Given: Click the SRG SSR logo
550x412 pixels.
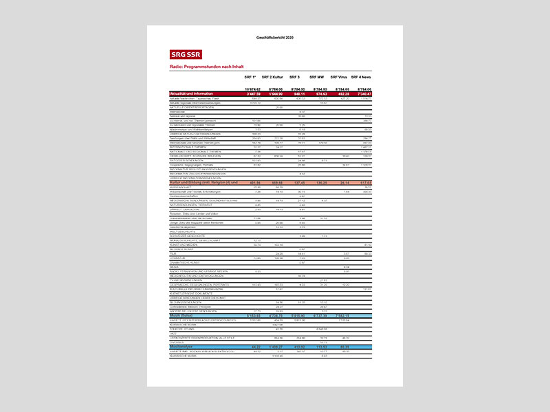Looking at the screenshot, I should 186,54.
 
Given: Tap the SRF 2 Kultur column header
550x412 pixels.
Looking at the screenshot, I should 273,78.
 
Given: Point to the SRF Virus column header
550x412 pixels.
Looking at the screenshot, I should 339,78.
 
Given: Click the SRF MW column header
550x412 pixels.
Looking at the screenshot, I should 317,78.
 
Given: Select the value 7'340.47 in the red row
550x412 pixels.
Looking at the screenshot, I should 362,93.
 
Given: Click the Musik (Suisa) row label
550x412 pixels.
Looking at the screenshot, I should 181,316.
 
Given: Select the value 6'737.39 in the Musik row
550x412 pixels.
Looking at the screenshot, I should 317,316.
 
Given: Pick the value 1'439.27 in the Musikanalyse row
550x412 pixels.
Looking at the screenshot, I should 274,347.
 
